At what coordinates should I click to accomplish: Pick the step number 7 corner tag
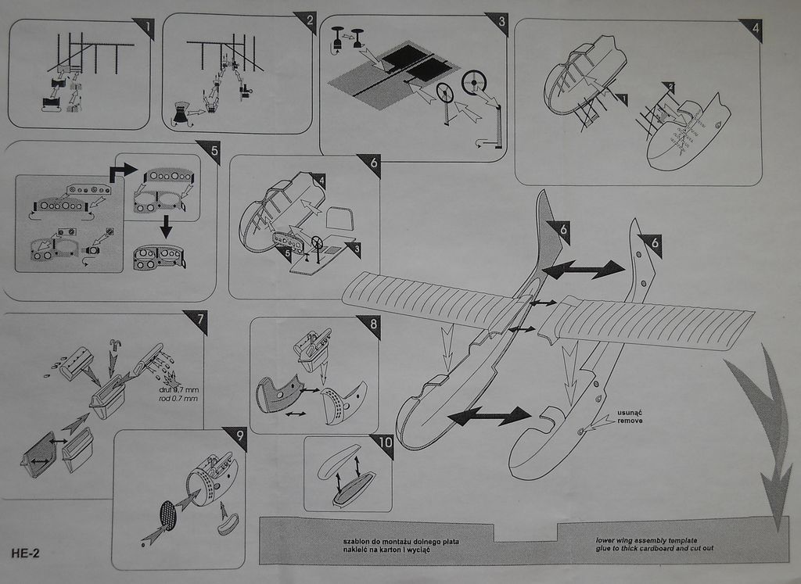pos(197,320)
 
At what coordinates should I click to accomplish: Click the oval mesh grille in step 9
pos(168,515)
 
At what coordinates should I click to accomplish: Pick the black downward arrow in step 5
pos(165,228)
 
